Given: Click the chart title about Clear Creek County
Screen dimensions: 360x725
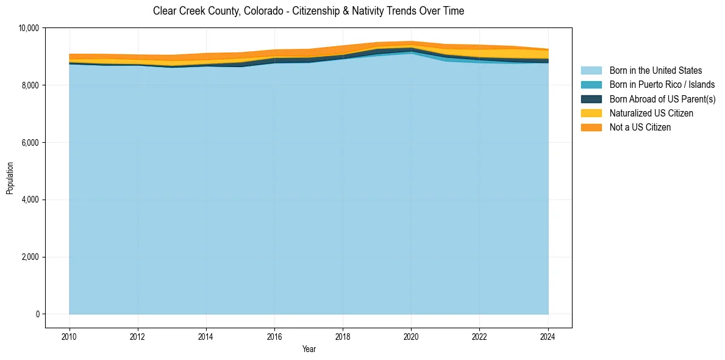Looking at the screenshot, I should [x=309, y=11].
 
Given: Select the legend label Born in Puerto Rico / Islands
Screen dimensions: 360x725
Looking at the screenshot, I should [x=662, y=85].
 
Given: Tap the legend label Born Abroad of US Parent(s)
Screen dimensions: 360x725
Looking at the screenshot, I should [x=662, y=99].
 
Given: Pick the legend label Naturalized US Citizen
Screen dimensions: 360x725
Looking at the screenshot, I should [x=651, y=113].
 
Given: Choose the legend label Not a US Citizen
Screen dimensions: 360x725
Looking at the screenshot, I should [x=640, y=128].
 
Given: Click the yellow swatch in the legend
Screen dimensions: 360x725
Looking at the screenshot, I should [x=591, y=113].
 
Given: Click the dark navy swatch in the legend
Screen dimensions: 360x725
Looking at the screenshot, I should [x=591, y=99].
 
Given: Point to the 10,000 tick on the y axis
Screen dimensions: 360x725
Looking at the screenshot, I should [x=29, y=28].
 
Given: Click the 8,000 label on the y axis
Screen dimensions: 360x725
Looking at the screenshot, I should [x=30, y=85].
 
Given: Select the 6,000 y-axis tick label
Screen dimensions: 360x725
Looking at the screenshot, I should [x=30, y=143].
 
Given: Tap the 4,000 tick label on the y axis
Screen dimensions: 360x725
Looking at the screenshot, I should [x=30, y=200].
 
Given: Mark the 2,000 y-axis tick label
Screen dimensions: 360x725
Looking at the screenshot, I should [x=30, y=257].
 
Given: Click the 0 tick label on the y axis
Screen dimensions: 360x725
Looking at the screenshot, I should [x=37, y=314].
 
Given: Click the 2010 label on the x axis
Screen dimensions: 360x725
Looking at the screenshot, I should [x=70, y=336].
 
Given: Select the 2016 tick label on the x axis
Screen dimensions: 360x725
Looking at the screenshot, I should [x=274, y=336].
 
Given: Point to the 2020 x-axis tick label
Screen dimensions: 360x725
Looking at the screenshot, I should [x=411, y=336].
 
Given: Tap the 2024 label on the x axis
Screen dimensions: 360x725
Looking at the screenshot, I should [x=548, y=336].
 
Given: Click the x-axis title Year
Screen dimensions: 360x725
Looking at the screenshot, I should [x=309, y=349].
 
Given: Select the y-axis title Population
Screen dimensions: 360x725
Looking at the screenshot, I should [x=10, y=178].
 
